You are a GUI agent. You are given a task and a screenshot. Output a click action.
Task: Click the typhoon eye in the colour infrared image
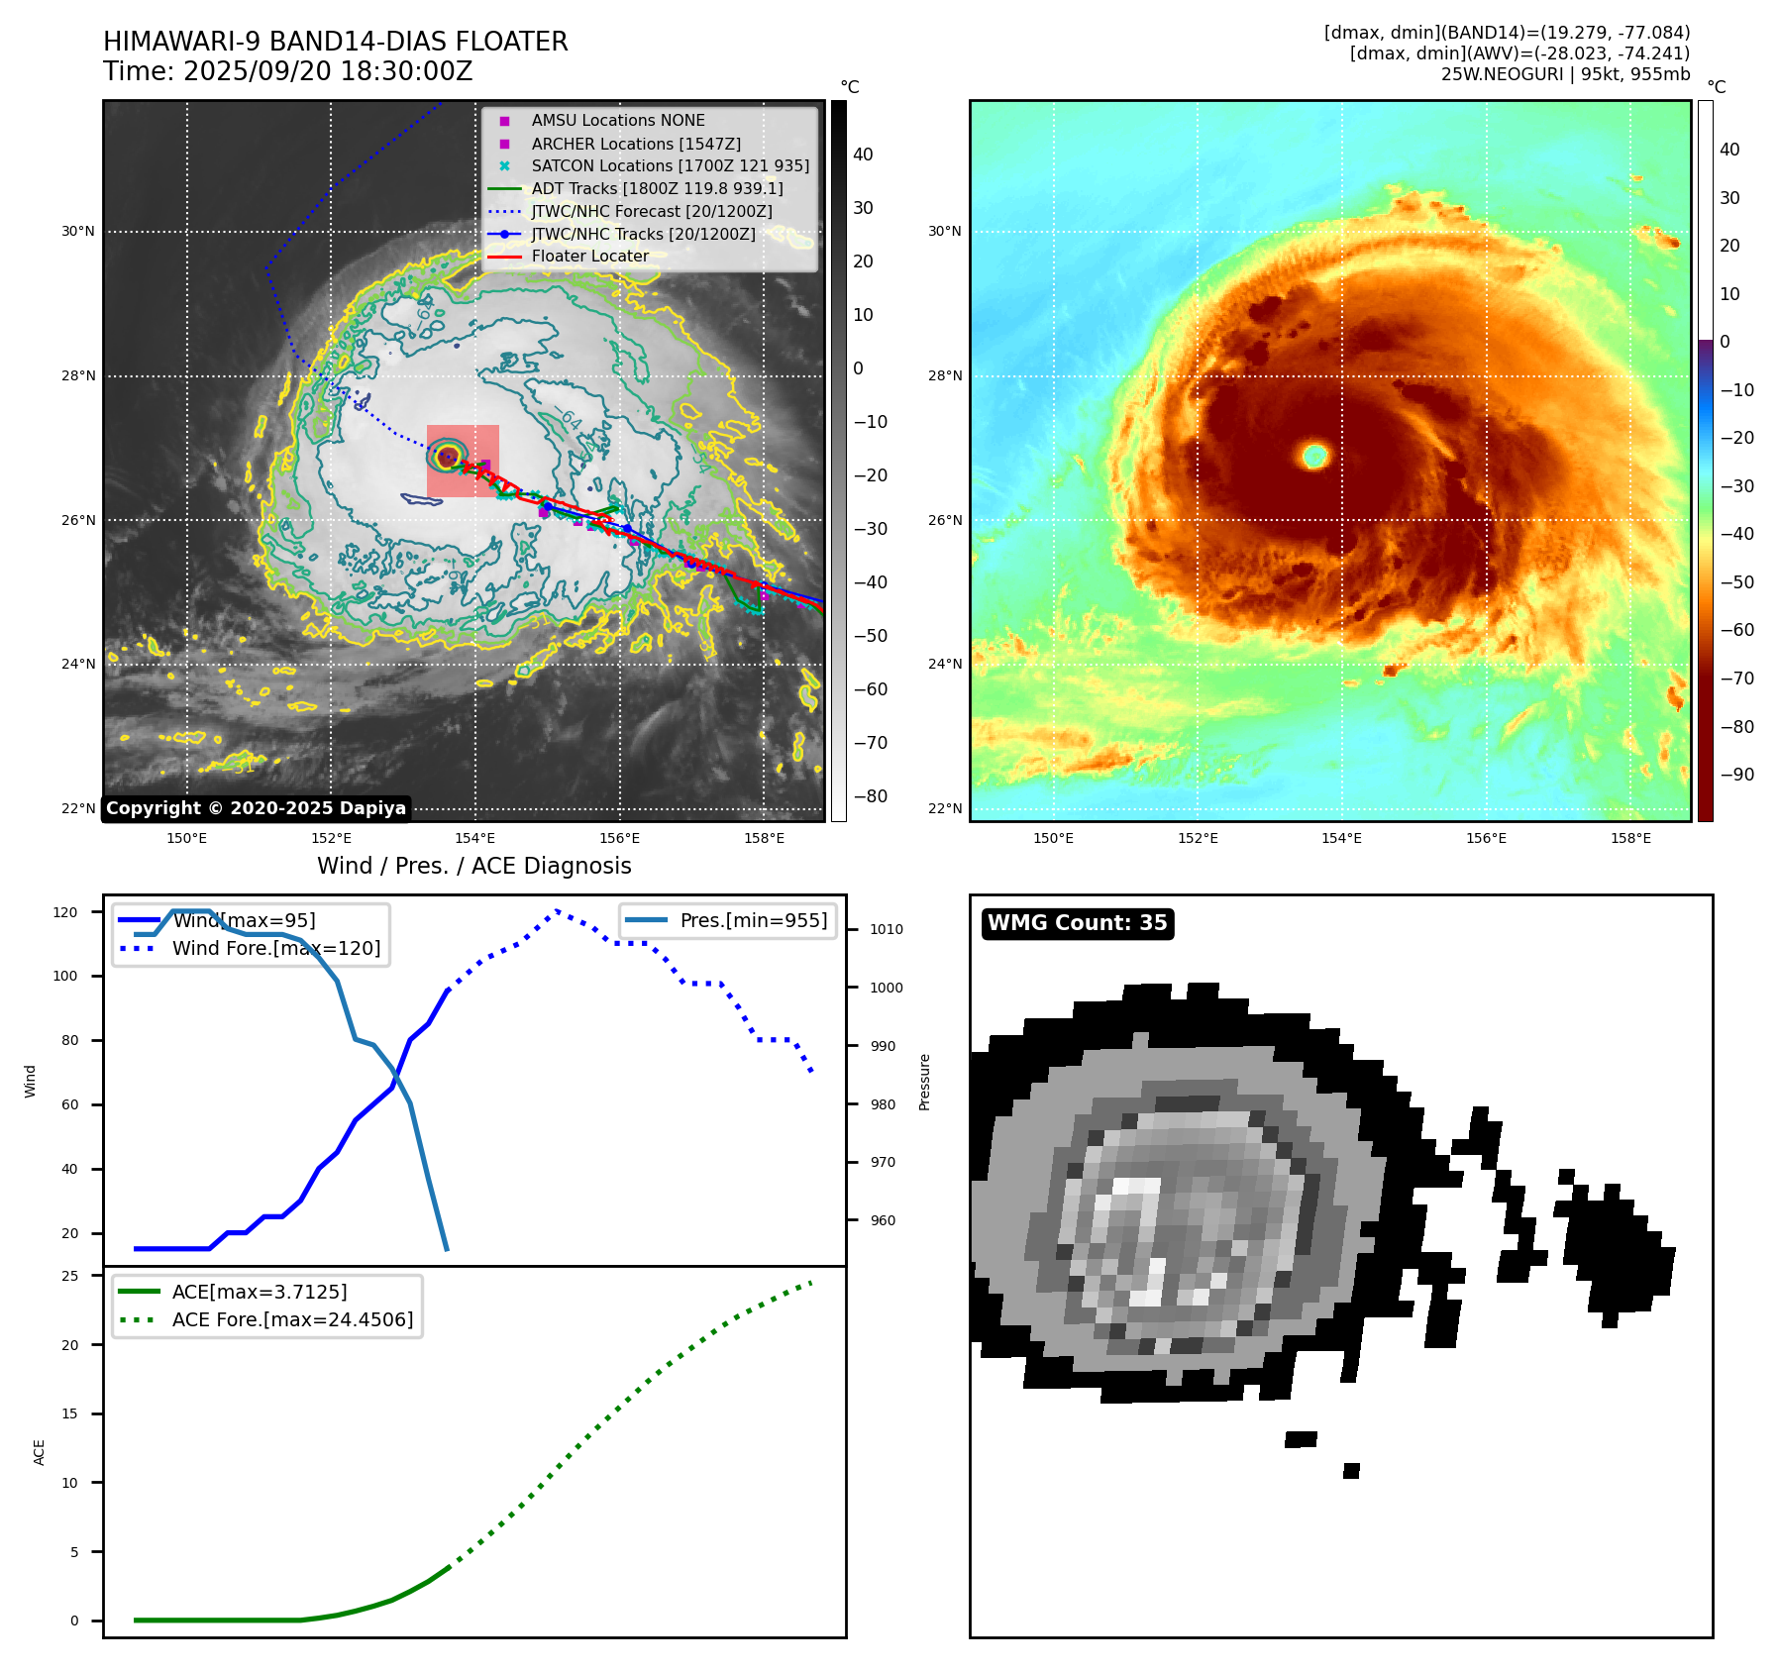[1314, 456]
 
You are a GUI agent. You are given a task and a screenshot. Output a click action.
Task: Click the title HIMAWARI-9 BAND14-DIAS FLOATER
[335, 42]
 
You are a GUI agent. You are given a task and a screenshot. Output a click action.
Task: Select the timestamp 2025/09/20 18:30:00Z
[328, 72]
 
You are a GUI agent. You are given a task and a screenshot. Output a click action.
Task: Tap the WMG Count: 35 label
[1077, 923]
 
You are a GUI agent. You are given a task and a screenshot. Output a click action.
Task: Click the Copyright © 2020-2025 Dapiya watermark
[256, 808]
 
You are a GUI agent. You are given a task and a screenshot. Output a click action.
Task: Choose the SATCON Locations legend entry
[670, 166]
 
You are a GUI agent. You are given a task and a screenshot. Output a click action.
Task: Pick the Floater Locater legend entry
[589, 257]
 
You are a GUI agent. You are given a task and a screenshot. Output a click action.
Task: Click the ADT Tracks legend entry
[657, 188]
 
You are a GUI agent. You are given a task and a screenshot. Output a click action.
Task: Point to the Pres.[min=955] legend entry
[753, 920]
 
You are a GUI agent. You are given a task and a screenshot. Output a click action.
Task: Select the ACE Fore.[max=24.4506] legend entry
[292, 1319]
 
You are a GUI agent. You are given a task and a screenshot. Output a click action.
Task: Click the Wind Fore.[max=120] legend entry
[275, 948]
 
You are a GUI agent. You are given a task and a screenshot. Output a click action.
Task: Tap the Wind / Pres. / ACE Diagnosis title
[473, 866]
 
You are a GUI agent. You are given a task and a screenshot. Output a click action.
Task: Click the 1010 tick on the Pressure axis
[887, 929]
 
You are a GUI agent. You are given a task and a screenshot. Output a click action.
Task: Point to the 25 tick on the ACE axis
[70, 1276]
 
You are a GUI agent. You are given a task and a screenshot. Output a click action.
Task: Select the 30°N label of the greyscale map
[78, 232]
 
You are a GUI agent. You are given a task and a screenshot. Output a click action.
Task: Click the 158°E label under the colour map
[1630, 838]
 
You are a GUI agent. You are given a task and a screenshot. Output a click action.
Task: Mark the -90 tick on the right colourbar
[1736, 775]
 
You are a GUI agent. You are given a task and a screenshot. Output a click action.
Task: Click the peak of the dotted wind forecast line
[558, 910]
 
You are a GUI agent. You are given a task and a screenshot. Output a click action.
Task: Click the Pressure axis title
[924, 1082]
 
